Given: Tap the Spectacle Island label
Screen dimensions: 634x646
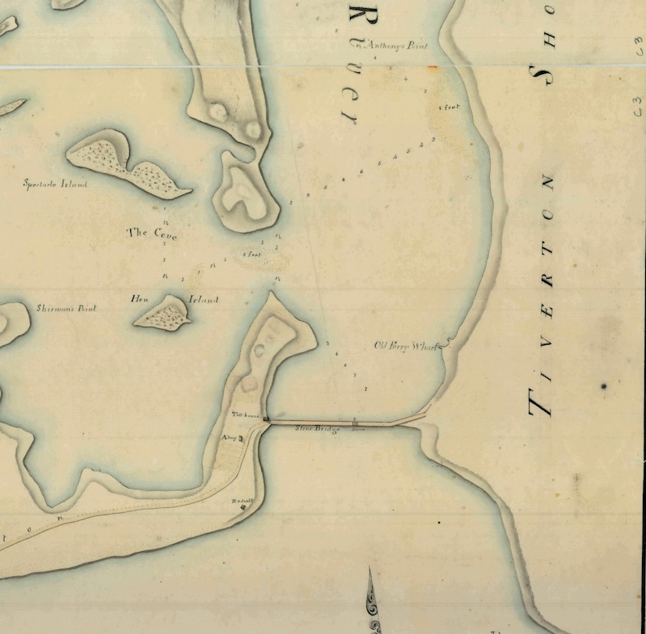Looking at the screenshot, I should [56, 185].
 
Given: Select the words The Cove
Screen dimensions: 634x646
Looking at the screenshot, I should [151, 233].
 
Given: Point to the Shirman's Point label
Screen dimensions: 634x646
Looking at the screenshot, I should [67, 309].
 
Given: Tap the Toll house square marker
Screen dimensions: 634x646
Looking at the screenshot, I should [265, 419].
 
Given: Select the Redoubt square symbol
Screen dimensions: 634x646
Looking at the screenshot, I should [242, 509].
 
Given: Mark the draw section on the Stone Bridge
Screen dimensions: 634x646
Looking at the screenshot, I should [355, 423].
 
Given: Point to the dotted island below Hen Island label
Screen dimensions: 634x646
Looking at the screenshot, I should [163, 313].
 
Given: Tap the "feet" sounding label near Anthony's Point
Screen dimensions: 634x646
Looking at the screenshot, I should [450, 106].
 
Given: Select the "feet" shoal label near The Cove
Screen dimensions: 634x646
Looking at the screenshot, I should [253, 254].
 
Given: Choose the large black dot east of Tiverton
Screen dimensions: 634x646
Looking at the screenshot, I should [605, 386].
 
